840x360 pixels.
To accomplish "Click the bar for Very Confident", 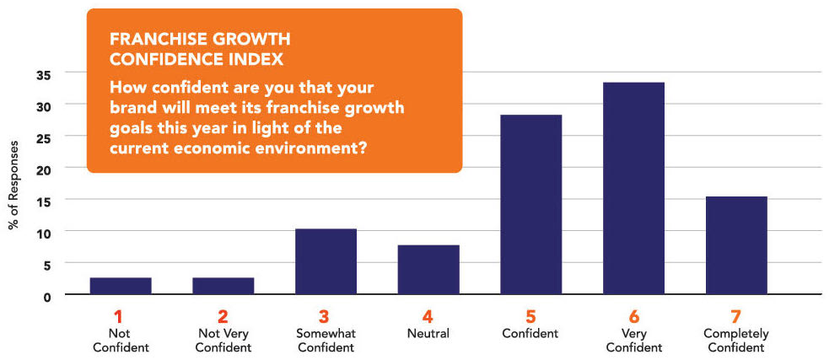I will tap(633, 188).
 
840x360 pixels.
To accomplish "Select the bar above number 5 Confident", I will tap(530, 205).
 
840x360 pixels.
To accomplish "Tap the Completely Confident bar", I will tap(736, 245).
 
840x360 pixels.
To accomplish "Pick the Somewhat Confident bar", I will tap(326, 261).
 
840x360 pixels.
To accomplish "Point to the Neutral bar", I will tap(428, 270).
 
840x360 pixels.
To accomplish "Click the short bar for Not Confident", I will tap(121, 286).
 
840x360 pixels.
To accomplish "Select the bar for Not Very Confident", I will tap(223, 286).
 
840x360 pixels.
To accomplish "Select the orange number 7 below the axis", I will tap(736, 317).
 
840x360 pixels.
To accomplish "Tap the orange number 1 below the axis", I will tap(119, 317).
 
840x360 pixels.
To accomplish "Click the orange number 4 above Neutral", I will tap(428, 317).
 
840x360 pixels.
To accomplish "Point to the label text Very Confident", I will tap(633, 341).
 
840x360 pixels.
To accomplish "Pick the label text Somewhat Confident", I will tap(326, 341).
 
